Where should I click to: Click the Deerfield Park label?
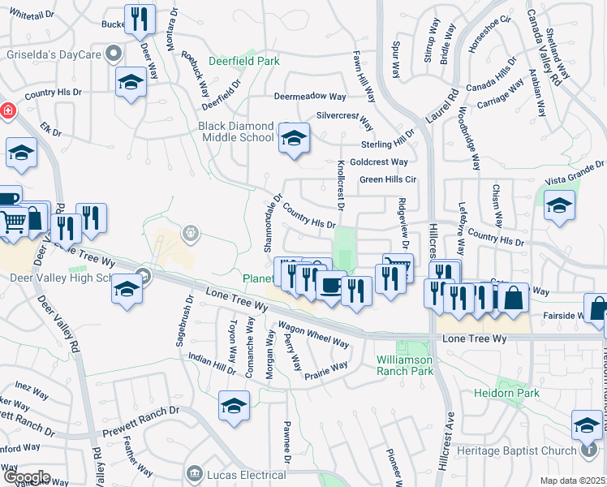tap(243, 61)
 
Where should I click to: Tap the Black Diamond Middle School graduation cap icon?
tap(294, 138)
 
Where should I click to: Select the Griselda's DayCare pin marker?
tap(114, 54)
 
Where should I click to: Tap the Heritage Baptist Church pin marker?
tap(590, 450)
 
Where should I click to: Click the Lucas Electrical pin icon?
tap(194, 472)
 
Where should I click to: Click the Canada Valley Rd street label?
tap(544, 45)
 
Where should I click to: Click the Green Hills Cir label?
tap(387, 179)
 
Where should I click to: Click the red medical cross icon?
tap(6, 109)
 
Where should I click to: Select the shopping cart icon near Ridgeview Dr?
tap(398, 266)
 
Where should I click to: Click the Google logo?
tap(26, 477)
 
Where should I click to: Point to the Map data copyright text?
tap(572, 481)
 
